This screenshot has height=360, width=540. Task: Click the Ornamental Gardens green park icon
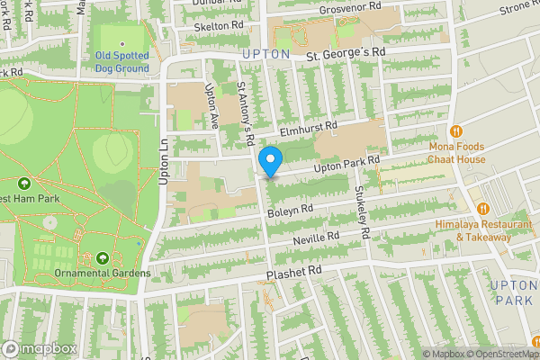[x=102, y=258]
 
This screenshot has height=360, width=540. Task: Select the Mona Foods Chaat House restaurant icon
[x=455, y=130]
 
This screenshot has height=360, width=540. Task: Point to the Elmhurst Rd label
[x=307, y=129]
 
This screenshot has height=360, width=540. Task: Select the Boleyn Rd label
[x=290, y=211]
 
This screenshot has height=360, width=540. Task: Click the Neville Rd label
[x=315, y=238]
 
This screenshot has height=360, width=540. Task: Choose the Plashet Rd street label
[x=293, y=271]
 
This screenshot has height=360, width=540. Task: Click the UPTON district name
[x=267, y=54]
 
